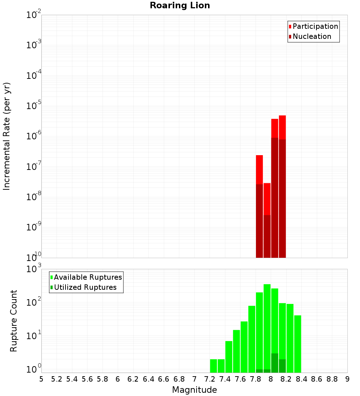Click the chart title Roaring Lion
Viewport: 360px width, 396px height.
pos(180,5)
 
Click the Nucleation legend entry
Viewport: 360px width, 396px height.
pos(311,36)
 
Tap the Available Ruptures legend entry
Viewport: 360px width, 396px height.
pos(87,277)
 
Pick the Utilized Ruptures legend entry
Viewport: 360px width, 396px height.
pos(85,287)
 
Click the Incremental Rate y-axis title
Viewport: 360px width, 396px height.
pos(7,136)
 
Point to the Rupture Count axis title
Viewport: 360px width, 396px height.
pos(14,321)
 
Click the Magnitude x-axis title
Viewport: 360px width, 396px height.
pos(194,390)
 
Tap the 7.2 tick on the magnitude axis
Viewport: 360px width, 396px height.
pos(210,379)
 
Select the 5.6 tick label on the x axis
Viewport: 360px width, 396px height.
pos(87,379)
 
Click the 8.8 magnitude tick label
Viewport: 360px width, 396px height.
pos(332,379)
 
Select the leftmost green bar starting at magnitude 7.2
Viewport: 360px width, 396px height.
pos(213,366)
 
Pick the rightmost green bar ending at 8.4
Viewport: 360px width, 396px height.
pos(297,344)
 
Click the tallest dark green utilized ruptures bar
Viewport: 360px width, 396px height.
pos(275,363)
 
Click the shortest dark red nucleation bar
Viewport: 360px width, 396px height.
pos(267,236)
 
